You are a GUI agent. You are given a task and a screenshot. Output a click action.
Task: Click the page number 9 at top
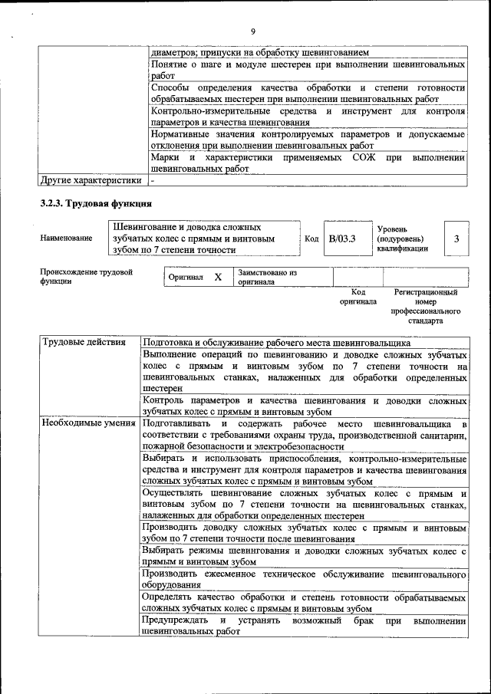[252, 31]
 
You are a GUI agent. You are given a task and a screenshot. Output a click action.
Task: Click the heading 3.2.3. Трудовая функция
[96, 204]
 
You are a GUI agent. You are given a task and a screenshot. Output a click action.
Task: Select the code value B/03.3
[342, 238]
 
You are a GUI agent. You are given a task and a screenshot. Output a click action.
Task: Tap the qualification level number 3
[456, 238]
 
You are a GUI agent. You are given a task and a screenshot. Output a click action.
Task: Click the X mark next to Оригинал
[218, 277]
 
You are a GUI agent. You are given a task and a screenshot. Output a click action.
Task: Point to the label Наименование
[65, 238]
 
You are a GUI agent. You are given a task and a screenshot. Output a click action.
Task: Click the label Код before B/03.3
[311, 238]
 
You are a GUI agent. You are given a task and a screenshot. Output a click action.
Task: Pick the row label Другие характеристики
[91, 181]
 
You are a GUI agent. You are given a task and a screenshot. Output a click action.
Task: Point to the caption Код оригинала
[358, 297]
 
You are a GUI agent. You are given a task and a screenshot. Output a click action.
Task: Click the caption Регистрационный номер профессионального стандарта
[425, 307]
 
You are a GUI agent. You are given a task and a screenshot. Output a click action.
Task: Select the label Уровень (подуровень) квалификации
[403, 238]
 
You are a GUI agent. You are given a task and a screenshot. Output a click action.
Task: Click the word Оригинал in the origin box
[186, 277]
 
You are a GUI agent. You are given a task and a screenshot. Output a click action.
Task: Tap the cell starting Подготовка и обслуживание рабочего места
[305, 343]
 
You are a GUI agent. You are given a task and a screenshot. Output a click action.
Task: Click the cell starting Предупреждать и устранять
[305, 626]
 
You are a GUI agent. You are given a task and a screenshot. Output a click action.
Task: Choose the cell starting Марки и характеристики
[308, 163]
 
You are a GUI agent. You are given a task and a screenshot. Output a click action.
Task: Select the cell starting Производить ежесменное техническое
[305, 580]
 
